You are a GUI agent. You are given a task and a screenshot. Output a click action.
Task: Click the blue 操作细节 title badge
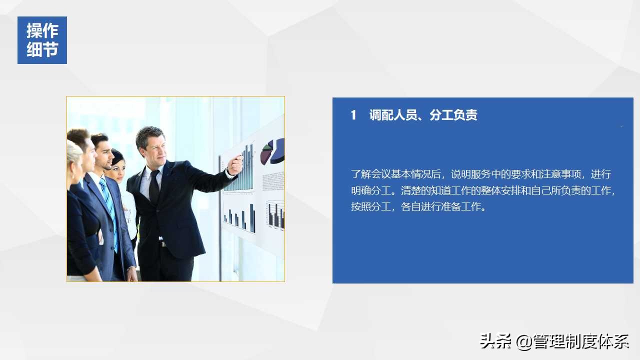(x=42, y=40)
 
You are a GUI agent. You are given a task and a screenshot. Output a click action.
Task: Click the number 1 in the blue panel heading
(x=353, y=115)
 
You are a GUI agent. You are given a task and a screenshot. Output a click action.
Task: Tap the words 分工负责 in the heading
(x=453, y=115)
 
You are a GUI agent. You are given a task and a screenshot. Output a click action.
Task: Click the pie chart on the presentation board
(x=272, y=151)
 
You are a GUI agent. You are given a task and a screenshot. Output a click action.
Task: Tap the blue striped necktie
(x=109, y=210)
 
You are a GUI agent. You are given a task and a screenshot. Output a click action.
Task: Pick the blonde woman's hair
(x=73, y=152)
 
